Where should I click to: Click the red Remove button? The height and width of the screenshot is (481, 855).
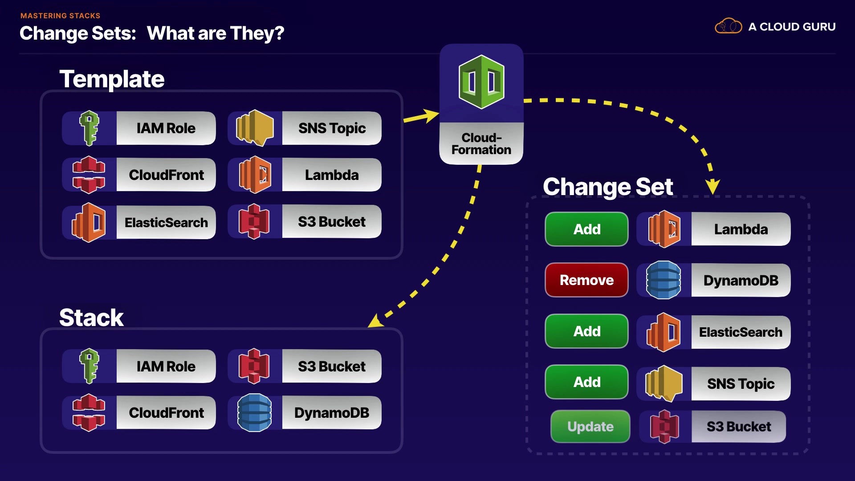pos(586,280)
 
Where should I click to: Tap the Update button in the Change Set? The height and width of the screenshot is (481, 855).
pos(590,427)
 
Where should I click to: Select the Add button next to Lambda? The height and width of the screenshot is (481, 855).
pos(586,229)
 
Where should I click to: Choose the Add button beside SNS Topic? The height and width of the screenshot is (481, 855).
pos(586,382)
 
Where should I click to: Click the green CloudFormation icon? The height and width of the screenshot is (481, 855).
pos(481,82)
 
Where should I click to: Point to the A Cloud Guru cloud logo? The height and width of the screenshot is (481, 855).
pos(728,26)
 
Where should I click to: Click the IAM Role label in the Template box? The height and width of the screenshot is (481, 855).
pos(166,128)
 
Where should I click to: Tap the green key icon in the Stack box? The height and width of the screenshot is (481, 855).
pos(89,366)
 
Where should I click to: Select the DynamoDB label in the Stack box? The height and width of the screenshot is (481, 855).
pos(331,413)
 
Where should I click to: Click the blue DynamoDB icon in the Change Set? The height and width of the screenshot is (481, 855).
pos(664,280)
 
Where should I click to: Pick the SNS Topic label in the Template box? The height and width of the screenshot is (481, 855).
pos(332,128)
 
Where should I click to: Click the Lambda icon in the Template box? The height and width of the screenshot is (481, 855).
pos(255,175)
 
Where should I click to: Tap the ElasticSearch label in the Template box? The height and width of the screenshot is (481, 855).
pos(166,222)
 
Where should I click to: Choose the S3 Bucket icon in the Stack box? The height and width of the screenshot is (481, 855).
pos(254,366)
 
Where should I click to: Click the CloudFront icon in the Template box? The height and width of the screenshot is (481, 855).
pos(89,175)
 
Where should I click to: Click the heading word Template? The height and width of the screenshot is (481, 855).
pos(112,79)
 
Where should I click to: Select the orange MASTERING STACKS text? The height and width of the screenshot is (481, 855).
pos(61,16)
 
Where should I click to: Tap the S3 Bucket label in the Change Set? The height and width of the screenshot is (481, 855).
pos(738,427)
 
